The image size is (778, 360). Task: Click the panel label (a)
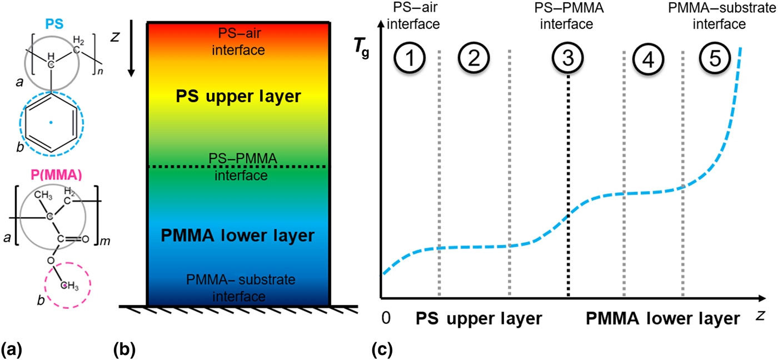(x=12, y=350)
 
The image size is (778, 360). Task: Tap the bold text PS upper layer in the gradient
(x=238, y=97)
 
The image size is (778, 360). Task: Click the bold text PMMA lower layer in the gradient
(x=238, y=236)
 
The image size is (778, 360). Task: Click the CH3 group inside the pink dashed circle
(x=67, y=285)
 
